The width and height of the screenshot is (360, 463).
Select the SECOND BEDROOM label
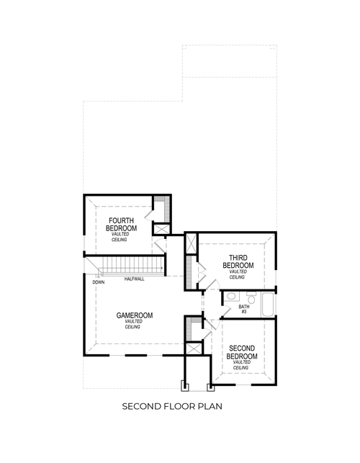pos(242,352)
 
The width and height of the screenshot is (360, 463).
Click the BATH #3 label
pos(244,310)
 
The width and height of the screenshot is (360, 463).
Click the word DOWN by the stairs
pos(99,282)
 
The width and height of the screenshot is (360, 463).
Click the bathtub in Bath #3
pos(268,304)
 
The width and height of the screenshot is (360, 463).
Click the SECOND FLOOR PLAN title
pos(171,406)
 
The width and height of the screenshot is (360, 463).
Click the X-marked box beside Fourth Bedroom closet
pos(161,230)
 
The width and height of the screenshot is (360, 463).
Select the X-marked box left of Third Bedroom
pos(191,244)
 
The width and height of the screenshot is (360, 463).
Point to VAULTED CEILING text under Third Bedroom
pos(238,274)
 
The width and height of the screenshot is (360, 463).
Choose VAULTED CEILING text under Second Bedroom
pos(242,364)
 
